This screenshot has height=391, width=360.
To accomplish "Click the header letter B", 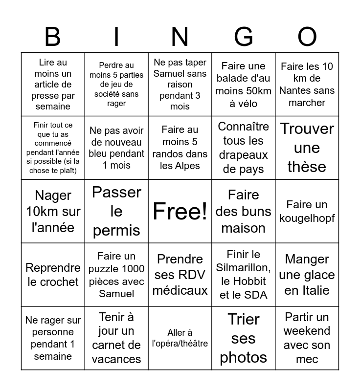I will [x=53, y=37].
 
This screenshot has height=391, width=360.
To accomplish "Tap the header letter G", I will [x=243, y=37].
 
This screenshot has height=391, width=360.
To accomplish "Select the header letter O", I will [x=307, y=37].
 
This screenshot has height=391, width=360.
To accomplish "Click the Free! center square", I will [x=180, y=211].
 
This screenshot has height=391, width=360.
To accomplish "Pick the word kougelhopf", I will [x=307, y=218].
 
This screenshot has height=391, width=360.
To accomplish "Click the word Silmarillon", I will [x=244, y=267].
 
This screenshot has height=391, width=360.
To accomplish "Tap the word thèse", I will [x=307, y=167].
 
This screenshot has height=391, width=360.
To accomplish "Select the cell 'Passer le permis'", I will [x=116, y=211].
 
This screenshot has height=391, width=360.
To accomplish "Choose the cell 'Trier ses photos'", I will [x=244, y=338].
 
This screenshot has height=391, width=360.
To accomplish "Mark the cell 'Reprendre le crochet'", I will [x=53, y=275].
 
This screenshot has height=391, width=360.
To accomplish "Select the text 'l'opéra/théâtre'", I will [x=180, y=344].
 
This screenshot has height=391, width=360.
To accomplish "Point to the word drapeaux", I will [x=244, y=155].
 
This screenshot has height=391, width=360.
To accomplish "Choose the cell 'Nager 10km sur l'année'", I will [x=53, y=211].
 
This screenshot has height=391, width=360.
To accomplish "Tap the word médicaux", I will [x=180, y=290].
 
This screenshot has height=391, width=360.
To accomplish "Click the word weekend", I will [x=307, y=331].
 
